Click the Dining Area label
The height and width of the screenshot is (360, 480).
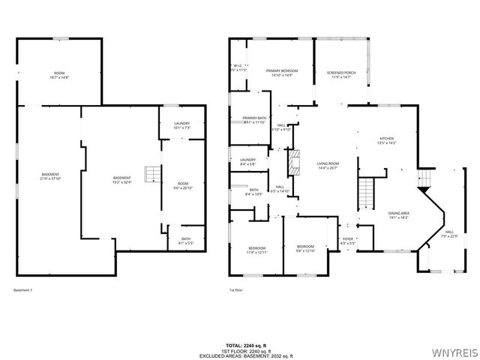[398, 214]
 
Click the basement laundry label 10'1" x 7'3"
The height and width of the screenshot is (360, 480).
[181, 125]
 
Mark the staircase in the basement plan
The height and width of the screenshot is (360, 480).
[152, 174]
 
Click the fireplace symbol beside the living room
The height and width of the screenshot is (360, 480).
[295, 161]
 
